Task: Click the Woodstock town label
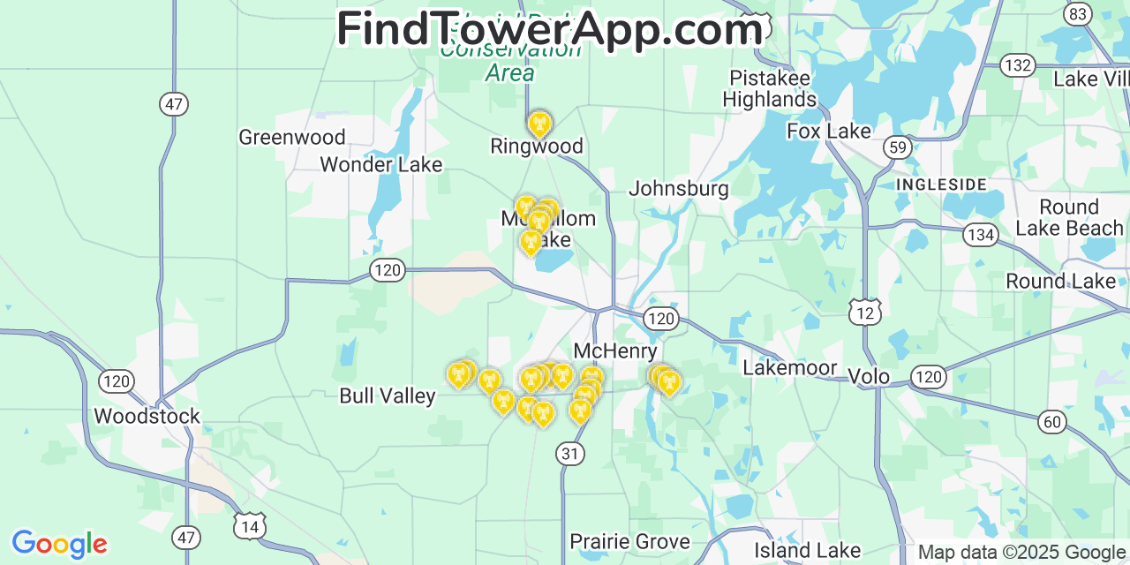pyautogui.click(x=147, y=416)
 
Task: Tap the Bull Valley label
pyautogui.click(x=388, y=395)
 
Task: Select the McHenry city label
pyautogui.click(x=615, y=350)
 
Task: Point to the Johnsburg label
pyautogui.click(x=679, y=188)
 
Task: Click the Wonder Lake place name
pyautogui.click(x=380, y=164)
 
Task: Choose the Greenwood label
pyautogui.click(x=291, y=137)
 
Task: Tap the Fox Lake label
pyautogui.click(x=829, y=132)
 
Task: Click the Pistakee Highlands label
pyautogui.click(x=770, y=88)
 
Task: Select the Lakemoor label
pyautogui.click(x=789, y=367)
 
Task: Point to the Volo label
pyautogui.click(x=869, y=376)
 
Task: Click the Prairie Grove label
pyautogui.click(x=629, y=541)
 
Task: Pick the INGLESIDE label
pyautogui.click(x=941, y=185)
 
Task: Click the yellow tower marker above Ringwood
pyautogui.click(x=539, y=124)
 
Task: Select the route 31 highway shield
pyautogui.click(x=570, y=454)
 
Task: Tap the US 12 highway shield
pyautogui.click(x=865, y=310)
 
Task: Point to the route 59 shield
pyautogui.click(x=899, y=147)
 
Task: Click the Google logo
pyautogui.click(x=59, y=544)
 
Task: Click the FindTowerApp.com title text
pyautogui.click(x=549, y=30)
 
